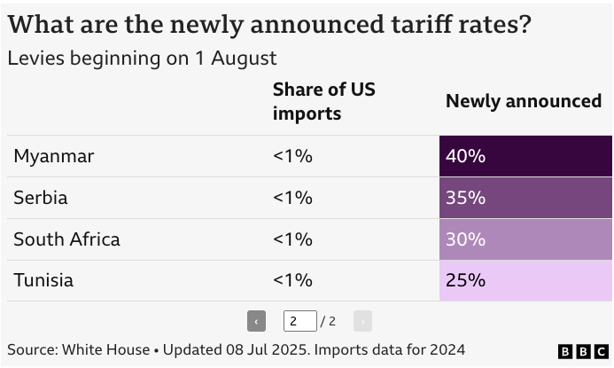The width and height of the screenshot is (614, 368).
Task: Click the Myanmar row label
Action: [53, 157]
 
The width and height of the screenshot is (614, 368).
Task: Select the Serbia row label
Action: [41, 198]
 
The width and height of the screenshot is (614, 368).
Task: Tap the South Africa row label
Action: [66, 239]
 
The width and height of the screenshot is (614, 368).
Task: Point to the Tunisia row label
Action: [43, 280]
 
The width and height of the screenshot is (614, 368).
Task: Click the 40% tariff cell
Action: [525, 156]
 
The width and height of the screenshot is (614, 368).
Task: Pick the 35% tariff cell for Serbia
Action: [525, 198]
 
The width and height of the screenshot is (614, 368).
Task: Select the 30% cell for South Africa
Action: [525, 239]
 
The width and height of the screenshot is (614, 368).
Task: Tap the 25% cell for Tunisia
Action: [525, 280]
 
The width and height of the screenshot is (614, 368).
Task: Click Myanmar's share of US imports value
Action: [292, 157]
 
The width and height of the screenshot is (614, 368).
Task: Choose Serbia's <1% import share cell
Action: [292, 198]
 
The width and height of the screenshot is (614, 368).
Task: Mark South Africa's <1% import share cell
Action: [292, 239]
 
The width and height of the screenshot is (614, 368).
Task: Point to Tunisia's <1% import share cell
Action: [292, 280]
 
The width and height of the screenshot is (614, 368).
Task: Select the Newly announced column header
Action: [523, 101]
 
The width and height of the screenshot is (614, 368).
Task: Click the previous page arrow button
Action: [256, 321]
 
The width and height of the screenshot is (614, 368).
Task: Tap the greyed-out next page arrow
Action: [362, 321]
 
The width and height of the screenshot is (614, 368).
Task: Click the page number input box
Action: [299, 321]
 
